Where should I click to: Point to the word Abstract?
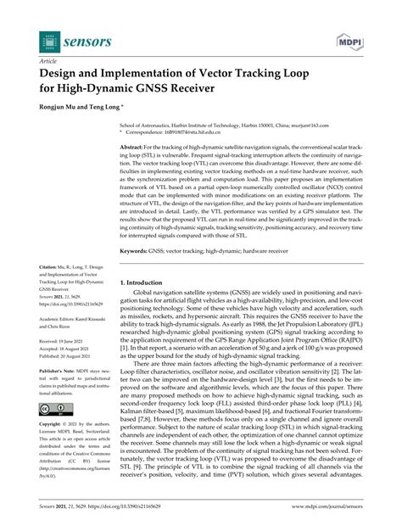point(134,146)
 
